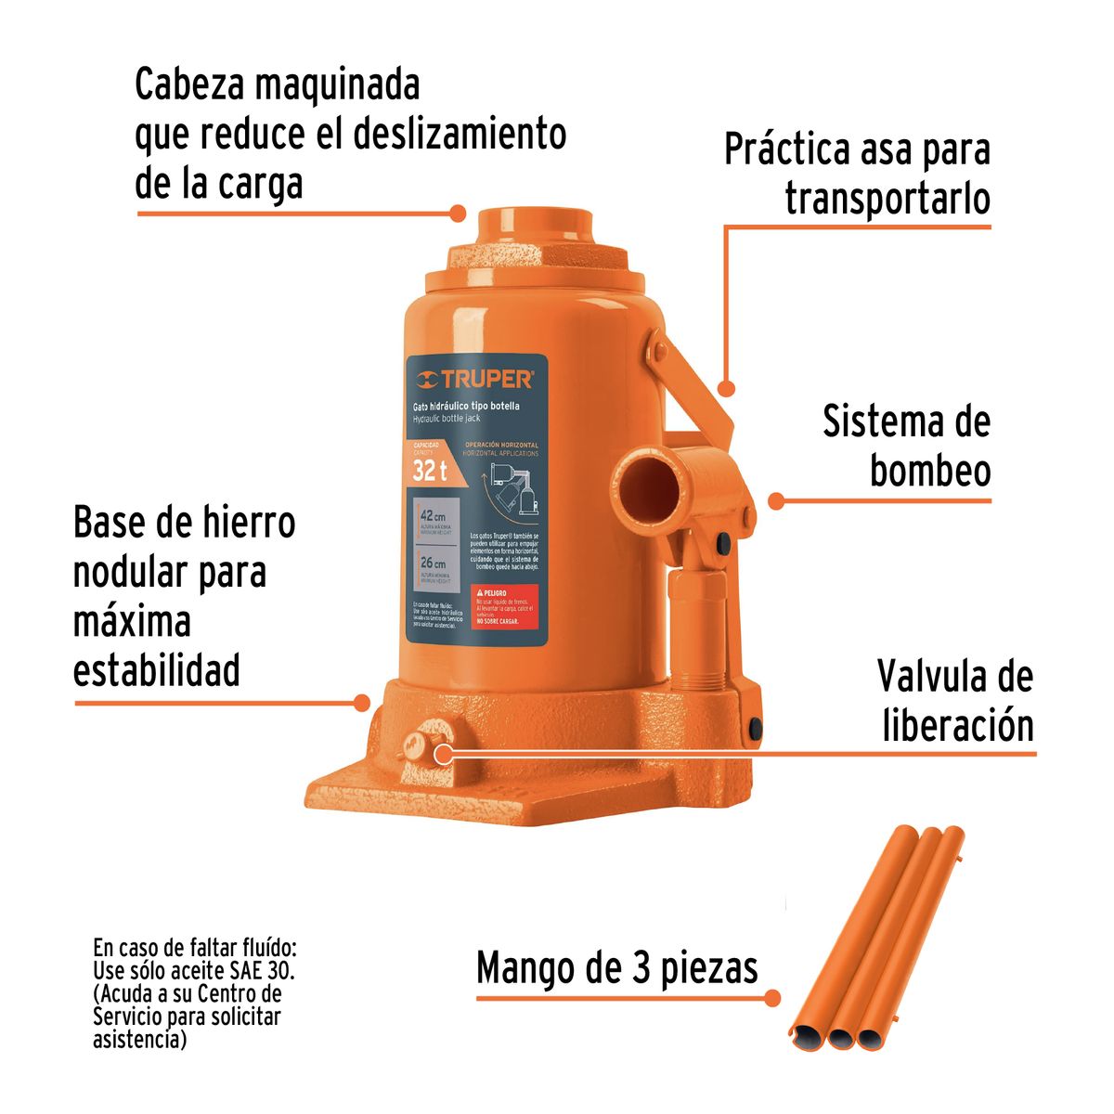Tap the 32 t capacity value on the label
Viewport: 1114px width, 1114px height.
430,471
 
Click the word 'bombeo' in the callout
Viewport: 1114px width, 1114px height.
930,471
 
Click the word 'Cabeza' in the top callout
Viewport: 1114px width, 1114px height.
189,85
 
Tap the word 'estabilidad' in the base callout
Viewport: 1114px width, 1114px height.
157,669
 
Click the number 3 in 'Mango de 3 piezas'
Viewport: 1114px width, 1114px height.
641,968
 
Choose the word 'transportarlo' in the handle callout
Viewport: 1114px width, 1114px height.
887,199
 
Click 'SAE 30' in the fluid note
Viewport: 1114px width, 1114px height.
263,971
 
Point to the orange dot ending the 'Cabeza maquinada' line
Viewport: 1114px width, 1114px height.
457,213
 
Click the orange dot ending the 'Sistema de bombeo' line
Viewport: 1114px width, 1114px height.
776,500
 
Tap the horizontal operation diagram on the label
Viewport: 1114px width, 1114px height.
507,488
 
